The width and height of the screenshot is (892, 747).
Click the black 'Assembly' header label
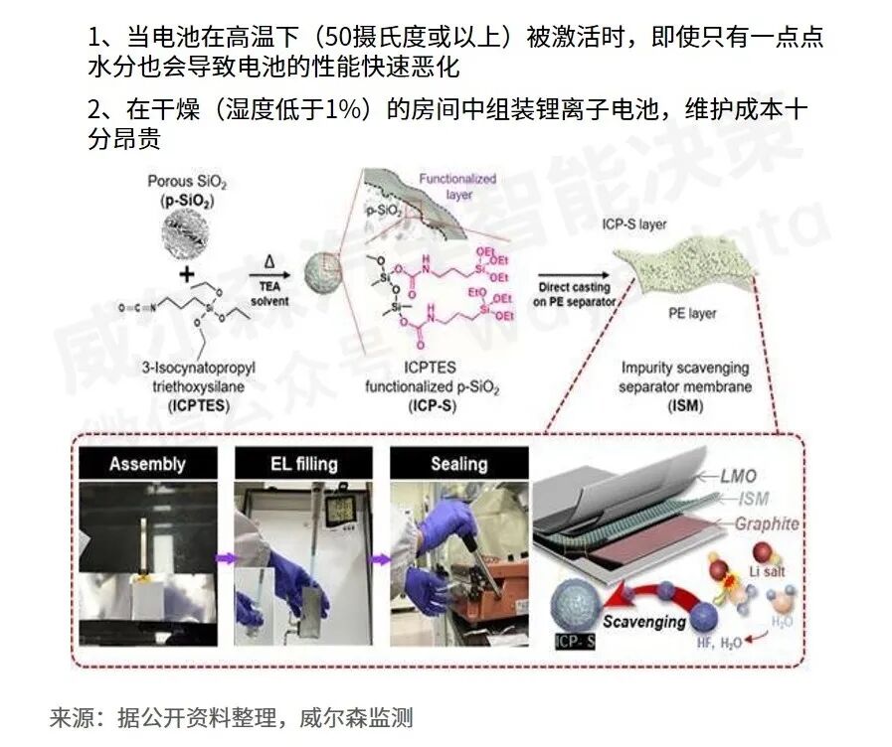click(x=147, y=464)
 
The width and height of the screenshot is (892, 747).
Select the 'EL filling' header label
click(x=303, y=463)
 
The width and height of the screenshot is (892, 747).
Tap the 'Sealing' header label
click(x=458, y=464)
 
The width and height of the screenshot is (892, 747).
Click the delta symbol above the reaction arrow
click(x=268, y=261)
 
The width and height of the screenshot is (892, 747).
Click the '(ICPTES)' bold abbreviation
click(x=184, y=406)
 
